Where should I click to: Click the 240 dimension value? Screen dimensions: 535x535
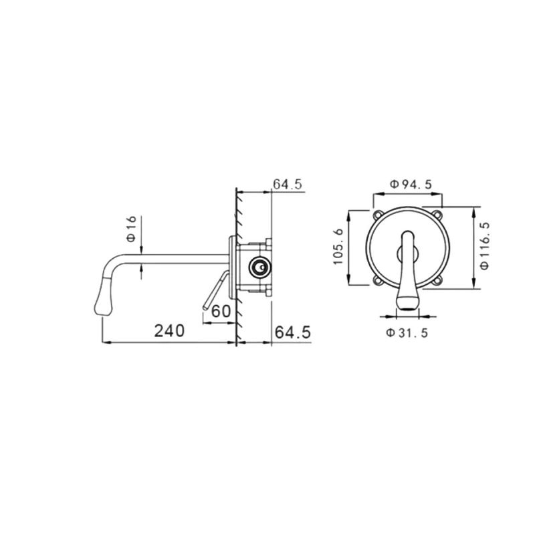coord(169,330)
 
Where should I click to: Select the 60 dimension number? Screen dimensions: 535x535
coord(221,311)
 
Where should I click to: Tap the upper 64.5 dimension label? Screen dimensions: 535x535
coord(288,185)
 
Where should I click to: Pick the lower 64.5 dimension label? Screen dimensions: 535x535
coord(293,332)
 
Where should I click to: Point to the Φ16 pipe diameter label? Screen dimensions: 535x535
coord(131,229)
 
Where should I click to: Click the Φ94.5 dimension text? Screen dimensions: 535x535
coord(411,185)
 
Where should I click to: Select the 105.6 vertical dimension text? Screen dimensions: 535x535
coord(338,247)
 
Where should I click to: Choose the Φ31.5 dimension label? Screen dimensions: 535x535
coord(407,332)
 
